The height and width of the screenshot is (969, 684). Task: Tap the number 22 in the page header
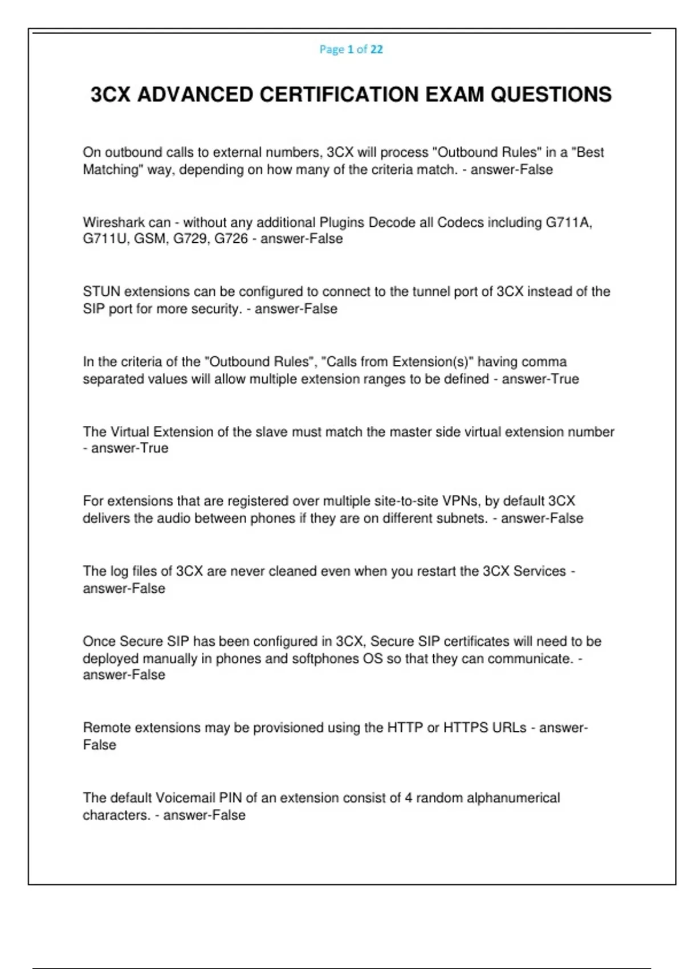click(376, 50)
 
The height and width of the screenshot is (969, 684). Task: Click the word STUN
click(101, 292)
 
